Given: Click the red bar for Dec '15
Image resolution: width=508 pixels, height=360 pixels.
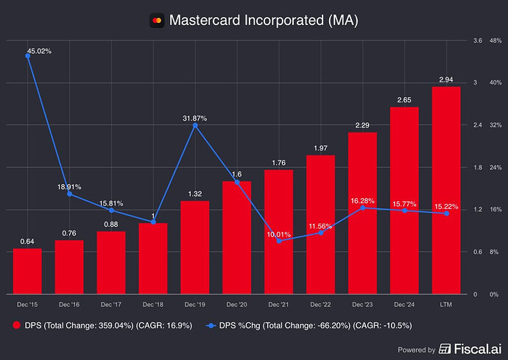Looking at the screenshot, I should click(x=27, y=271).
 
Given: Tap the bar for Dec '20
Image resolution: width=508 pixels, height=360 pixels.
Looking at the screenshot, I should click(x=236, y=237).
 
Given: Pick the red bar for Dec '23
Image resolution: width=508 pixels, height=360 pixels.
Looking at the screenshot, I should click(x=362, y=213).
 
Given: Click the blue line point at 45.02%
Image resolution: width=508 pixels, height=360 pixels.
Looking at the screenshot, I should click(x=27, y=56).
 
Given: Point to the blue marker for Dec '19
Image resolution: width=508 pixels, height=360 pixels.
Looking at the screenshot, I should click(x=194, y=126).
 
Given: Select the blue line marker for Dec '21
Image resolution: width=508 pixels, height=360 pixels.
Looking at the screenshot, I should click(x=278, y=241).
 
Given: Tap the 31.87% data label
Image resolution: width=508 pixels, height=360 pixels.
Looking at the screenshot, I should click(x=194, y=117).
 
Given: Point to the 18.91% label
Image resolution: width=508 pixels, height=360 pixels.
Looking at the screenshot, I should click(x=68, y=187).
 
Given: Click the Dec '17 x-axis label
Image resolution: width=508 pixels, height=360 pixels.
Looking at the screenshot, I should click(x=111, y=304).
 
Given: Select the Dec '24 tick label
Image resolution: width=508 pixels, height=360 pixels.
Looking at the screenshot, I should click(x=404, y=304).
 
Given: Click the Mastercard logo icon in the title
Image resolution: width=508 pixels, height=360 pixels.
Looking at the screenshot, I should click(x=155, y=20).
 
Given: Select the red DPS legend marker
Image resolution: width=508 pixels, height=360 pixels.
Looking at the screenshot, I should click(x=17, y=324).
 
